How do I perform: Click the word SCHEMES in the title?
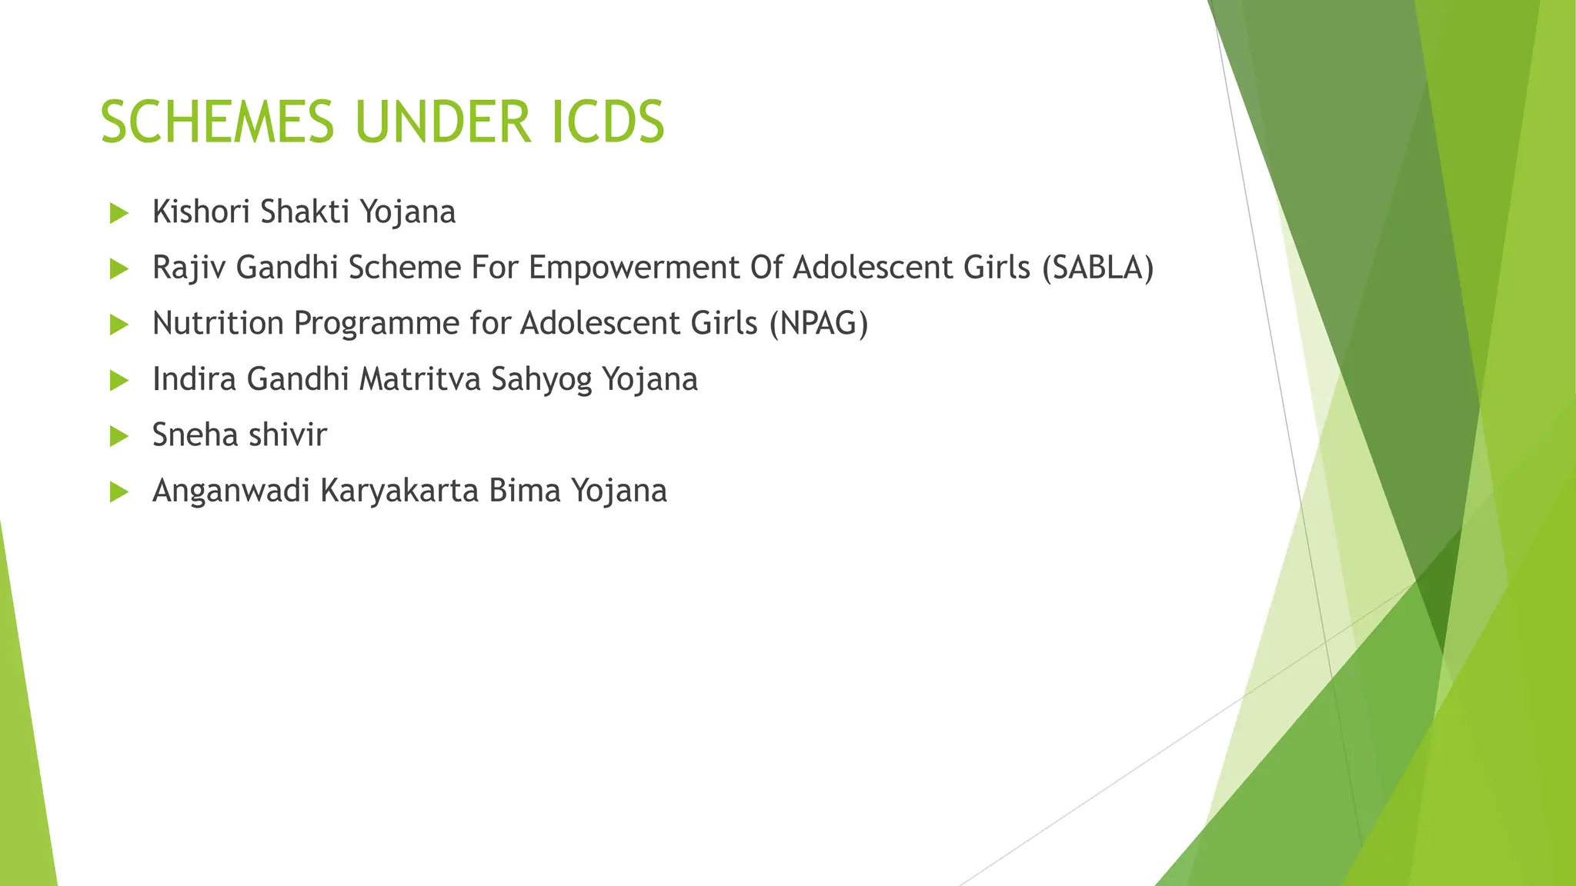pos(217,122)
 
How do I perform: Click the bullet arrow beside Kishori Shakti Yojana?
pos(119,213)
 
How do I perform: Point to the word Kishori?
pos(202,212)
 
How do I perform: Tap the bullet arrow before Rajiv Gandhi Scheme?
pos(119,269)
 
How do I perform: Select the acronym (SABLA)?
pos(1097,268)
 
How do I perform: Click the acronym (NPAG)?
pos(819,324)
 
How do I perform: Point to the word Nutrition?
pos(219,324)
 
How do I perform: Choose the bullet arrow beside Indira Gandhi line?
pos(119,381)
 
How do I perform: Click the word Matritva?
pos(420,379)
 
